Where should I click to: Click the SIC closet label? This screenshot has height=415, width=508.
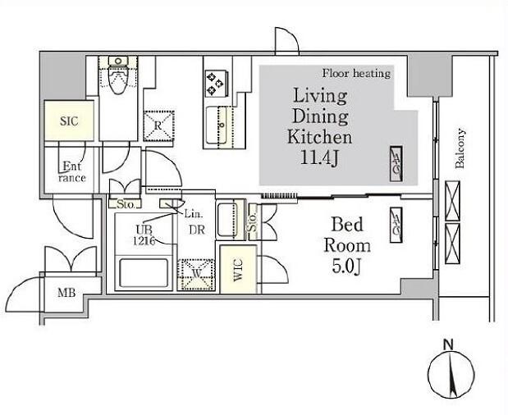69,121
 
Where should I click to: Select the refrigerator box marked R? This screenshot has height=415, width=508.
158,125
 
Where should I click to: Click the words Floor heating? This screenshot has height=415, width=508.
356,74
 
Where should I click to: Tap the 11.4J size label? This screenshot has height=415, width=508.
319,158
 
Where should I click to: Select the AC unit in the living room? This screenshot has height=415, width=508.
396,164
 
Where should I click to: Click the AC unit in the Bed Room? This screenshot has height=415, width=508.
396,225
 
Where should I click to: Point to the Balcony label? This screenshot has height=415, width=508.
460,148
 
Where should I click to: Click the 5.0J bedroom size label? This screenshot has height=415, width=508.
346,267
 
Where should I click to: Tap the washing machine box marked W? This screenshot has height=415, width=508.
196,275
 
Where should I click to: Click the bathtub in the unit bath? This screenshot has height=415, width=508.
143,272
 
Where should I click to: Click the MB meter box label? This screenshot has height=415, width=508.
66,293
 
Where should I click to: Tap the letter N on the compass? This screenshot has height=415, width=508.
448,344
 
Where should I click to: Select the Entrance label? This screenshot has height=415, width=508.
72,172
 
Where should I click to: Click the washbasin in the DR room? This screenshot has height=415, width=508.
231,220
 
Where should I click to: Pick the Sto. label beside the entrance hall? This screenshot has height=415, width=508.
126,204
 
